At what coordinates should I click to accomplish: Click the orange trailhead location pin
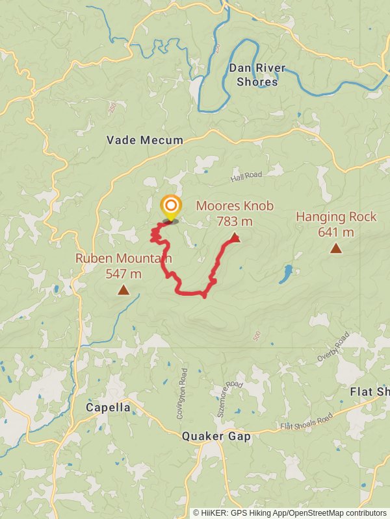(170, 207)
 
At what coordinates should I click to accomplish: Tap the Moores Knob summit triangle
(235, 238)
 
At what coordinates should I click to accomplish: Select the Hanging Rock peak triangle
(335, 248)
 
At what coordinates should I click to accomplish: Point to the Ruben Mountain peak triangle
(123, 290)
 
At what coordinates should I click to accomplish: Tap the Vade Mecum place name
(145, 140)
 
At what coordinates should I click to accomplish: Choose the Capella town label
(108, 408)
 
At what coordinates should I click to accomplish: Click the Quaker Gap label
(216, 437)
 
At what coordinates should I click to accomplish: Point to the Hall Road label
(246, 176)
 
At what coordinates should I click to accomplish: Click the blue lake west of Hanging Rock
(285, 274)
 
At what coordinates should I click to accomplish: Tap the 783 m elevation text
(235, 221)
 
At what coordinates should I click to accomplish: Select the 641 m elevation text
(336, 232)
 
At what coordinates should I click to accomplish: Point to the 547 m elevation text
(123, 273)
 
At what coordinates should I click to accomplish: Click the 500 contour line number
(257, 335)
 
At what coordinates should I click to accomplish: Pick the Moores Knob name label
(235, 206)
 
